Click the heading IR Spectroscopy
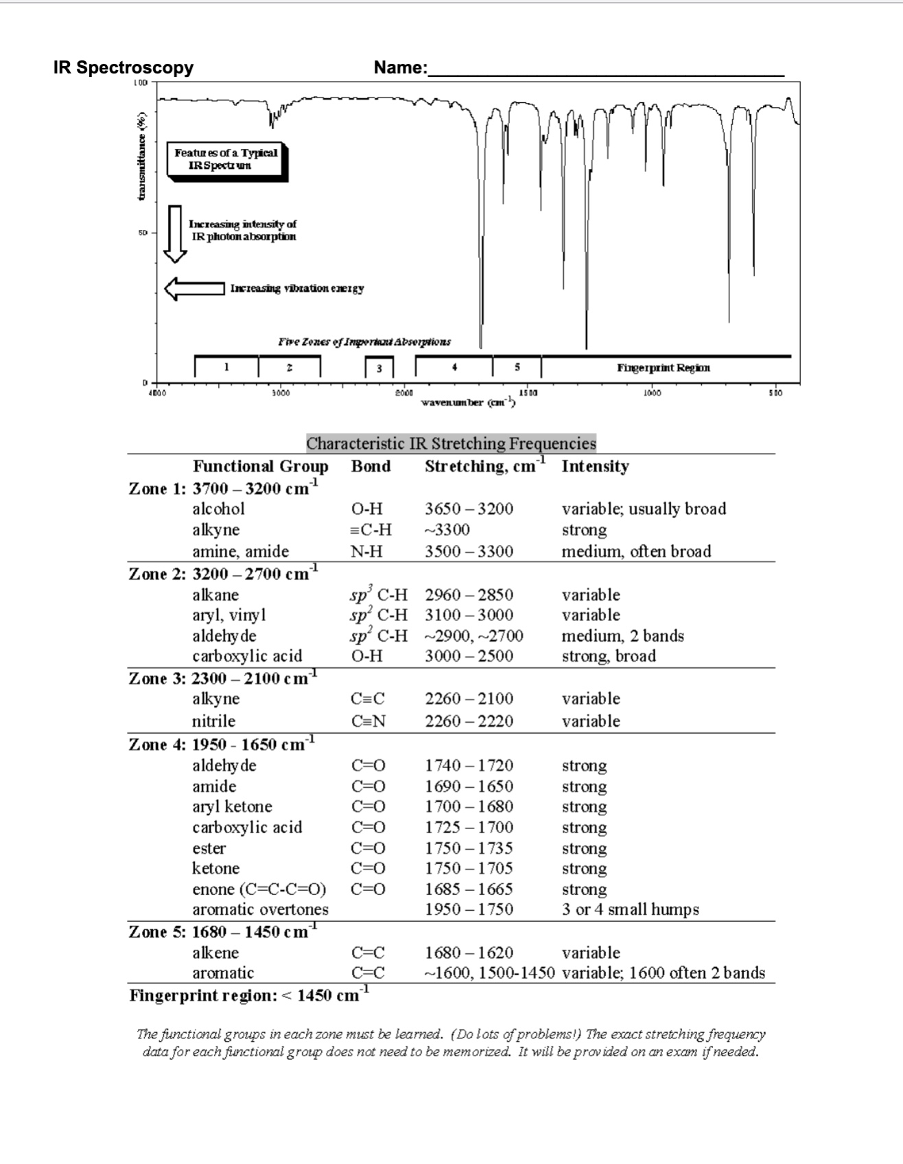point(124,67)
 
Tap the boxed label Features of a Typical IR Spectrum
point(226,159)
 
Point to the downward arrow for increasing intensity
point(175,233)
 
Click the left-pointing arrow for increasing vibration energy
point(194,288)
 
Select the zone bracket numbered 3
point(379,367)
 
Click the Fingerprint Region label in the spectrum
point(663,368)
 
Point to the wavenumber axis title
point(468,402)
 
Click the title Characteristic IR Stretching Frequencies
point(451,443)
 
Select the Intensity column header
point(595,467)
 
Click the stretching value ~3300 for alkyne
point(447,530)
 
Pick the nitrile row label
point(213,721)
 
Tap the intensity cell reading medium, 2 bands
point(622,636)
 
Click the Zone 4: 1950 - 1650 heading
point(222,745)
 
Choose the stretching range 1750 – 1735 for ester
point(469,848)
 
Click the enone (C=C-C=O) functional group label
point(259,889)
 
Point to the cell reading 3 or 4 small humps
point(630,910)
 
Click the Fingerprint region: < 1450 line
point(249,995)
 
